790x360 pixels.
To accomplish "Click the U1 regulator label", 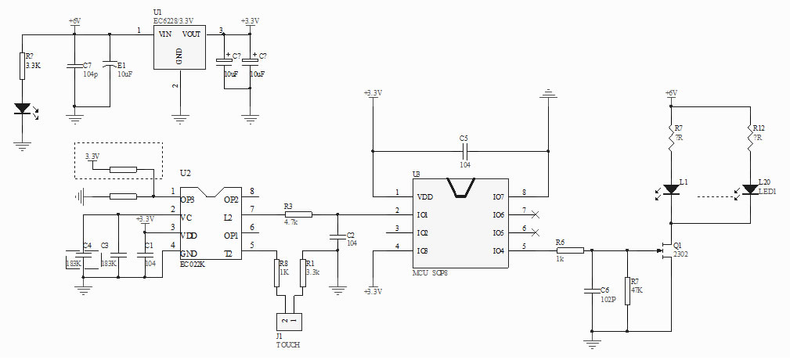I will tap(157, 13).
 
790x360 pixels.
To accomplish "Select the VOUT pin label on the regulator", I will tap(192, 34).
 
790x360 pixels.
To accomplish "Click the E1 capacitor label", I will tap(121, 65).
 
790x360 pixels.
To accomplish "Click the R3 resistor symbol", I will tap(298, 214).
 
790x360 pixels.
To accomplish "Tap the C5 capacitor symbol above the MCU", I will tap(464, 148).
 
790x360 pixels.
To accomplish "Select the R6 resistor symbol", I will tap(570, 250).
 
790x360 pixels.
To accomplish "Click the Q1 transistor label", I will tap(678, 244).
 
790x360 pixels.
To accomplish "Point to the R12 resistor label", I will tap(758, 128).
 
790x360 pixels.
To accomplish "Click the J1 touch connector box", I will tap(288, 320).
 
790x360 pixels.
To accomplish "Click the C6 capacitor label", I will tap(605, 290).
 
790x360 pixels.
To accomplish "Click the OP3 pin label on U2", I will tap(188, 198).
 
